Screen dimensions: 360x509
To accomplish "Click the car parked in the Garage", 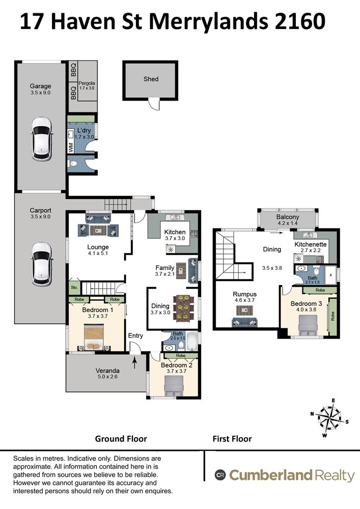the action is [42, 138].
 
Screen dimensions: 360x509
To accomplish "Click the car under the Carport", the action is [42, 264].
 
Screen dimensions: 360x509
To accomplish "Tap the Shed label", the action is [151, 79].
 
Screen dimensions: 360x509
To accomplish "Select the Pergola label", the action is [87, 83].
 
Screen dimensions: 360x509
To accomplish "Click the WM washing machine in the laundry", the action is [71, 148].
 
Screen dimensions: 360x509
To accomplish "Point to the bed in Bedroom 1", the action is [94, 337].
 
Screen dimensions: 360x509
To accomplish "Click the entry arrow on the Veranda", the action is [135, 361].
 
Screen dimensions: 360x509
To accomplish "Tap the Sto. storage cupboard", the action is [74, 287].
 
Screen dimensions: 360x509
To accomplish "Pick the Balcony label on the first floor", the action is [288, 217].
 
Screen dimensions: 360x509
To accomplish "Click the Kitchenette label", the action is [310, 244].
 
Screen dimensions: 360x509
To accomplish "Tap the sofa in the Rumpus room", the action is [244, 322].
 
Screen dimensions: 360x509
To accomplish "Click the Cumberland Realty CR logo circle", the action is [220, 475].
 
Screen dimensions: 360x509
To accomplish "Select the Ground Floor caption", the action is [121, 439].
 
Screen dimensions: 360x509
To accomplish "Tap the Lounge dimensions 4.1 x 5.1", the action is [98, 253].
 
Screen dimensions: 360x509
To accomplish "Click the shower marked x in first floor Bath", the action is [331, 275].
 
